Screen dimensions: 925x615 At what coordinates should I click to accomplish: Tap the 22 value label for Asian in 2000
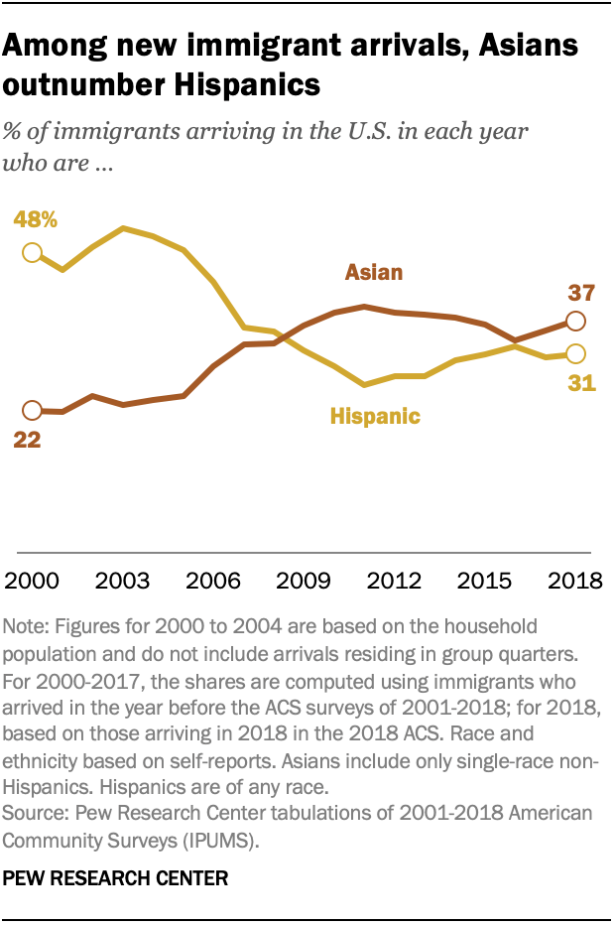pos(27,439)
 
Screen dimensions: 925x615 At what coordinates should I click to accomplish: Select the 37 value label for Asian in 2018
pos(579,293)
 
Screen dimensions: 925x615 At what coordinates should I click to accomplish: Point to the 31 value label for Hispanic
pos(581,382)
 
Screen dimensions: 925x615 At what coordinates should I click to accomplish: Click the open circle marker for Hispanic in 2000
pos(32,252)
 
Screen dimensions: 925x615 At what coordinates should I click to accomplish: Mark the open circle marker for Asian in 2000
pos(32,410)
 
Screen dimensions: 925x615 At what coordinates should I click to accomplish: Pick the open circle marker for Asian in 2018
pos(574,321)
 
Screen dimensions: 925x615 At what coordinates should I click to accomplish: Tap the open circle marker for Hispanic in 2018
pos(574,353)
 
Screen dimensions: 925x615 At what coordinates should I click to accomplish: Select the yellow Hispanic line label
pos(374,417)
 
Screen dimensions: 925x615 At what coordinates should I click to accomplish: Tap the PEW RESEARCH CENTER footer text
pos(116,878)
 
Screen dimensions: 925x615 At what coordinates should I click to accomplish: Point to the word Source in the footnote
pos(34,813)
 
